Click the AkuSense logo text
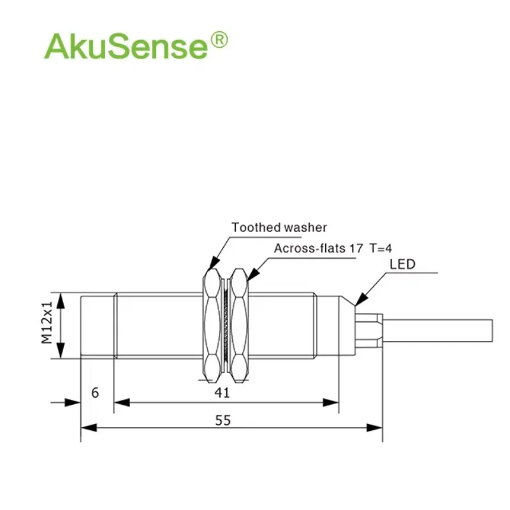pyautogui.click(x=126, y=46)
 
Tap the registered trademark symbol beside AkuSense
pyautogui.click(x=219, y=40)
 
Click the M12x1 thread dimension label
pyautogui.click(x=47, y=323)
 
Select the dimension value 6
pyautogui.click(x=95, y=393)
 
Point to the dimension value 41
pyautogui.click(x=222, y=393)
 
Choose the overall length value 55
pyautogui.click(x=222, y=420)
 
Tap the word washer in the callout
pyautogui.click(x=302, y=228)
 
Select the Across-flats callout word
pyautogui.click(x=310, y=248)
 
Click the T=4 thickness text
pyautogui.click(x=381, y=248)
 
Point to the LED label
pyautogui.click(x=403, y=264)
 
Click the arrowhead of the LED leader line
pyautogui.click(x=361, y=299)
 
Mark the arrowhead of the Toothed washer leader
pyautogui.click(x=213, y=263)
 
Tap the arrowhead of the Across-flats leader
pyautogui.click(x=253, y=274)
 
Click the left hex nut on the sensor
pyautogui.click(x=212, y=326)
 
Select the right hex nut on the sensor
pyautogui.click(x=239, y=326)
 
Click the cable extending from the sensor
pyautogui.click(x=438, y=331)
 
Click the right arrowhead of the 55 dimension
pyautogui.click(x=375, y=427)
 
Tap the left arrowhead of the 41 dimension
pyautogui.click(x=122, y=403)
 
